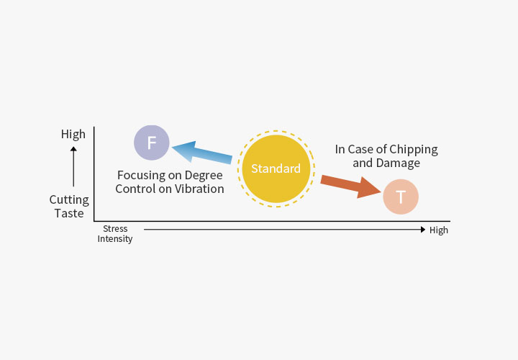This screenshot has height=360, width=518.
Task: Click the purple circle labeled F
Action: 152,143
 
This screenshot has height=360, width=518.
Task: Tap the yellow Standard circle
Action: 276,168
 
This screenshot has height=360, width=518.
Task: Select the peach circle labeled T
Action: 400,197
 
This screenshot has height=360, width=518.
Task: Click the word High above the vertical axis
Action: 73,134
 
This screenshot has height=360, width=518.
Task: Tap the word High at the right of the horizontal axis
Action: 438,230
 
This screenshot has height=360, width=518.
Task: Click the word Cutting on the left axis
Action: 69,199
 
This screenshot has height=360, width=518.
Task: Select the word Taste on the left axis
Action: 70,213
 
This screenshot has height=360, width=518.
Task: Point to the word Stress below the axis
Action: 115,229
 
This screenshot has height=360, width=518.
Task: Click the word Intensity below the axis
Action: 115,239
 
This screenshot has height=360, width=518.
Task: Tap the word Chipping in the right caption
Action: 412,150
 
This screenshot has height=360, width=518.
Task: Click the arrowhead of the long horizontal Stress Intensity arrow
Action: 423,230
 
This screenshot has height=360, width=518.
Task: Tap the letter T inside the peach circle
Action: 400,197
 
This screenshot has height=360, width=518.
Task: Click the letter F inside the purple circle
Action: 152,143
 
